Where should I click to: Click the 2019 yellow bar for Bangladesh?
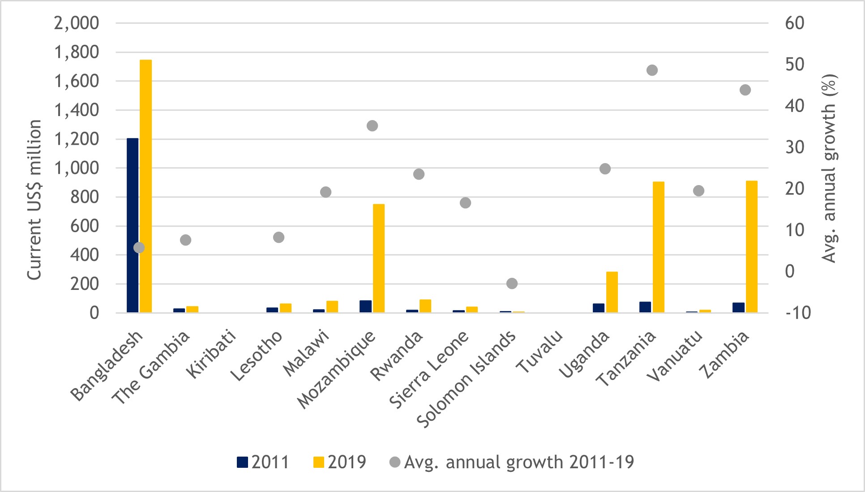pos(146,186)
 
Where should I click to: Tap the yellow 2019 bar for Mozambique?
pos(379,258)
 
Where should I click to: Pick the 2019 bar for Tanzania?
pos(659,247)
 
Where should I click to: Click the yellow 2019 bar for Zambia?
pos(752,246)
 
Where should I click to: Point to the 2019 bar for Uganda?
pos(612,292)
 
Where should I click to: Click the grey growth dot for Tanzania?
pos(652,70)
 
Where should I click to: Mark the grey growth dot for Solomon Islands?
pos(512,283)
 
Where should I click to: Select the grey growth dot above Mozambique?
pos(373,126)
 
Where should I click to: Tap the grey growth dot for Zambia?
pos(745,90)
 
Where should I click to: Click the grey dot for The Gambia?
pos(186,240)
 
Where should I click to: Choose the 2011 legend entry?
pos(263,462)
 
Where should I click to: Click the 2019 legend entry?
pos(340,462)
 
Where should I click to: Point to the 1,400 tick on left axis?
pos(77,110)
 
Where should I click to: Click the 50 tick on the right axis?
pos(795,65)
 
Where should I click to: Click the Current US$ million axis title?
pos(34,200)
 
